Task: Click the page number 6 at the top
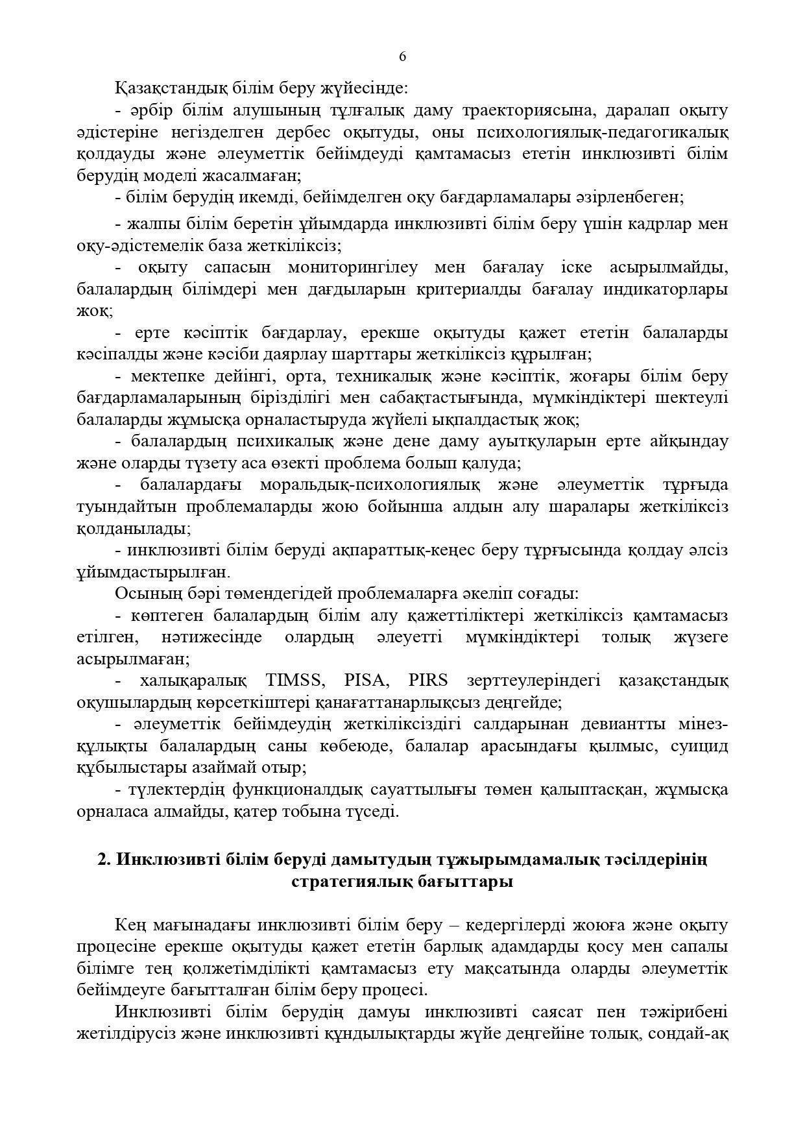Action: [x=402, y=57]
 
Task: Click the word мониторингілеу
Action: [x=350, y=268]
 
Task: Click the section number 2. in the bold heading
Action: [x=104, y=860]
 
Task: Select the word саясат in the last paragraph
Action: [x=561, y=1013]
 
